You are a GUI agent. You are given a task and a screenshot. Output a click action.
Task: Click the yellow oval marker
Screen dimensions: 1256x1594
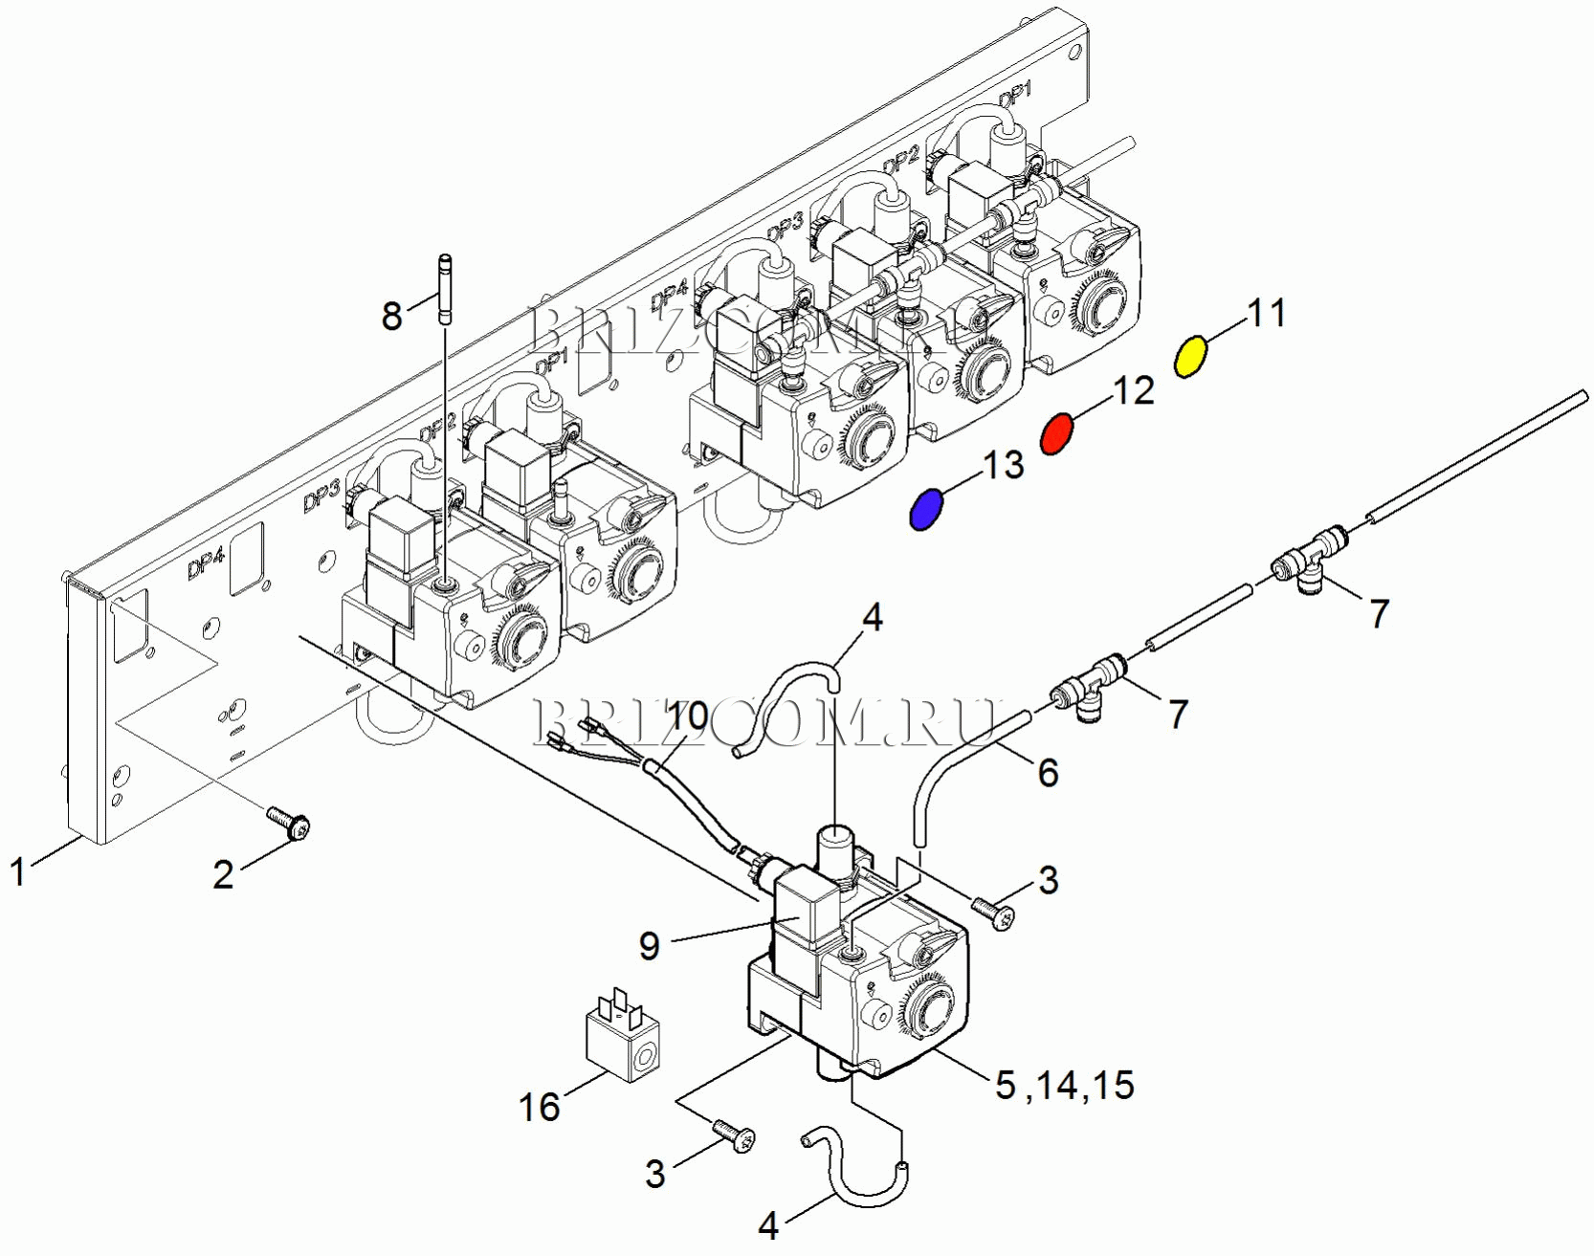tap(1190, 357)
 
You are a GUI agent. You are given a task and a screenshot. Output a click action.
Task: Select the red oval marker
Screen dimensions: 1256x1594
tap(1056, 433)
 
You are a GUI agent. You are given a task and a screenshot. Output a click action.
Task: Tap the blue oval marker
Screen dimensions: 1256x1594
tap(925, 509)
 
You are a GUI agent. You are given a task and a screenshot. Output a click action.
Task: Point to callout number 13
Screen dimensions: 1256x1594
tap(1003, 465)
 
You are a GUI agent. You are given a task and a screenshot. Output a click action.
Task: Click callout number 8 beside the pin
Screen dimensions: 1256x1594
tap(391, 316)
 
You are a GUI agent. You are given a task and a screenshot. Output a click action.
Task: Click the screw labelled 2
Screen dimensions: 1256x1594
tap(289, 823)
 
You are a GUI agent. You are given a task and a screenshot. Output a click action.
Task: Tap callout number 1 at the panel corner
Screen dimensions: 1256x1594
tap(17, 871)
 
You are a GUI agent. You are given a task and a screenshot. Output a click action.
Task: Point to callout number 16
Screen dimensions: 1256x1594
tap(539, 1107)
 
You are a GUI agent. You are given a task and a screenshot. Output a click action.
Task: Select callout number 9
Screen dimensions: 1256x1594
tap(650, 946)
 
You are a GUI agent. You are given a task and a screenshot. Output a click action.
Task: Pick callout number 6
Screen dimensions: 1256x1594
tap(1049, 772)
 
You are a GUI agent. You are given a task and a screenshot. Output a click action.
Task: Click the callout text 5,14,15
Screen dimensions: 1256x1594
tap(1064, 1086)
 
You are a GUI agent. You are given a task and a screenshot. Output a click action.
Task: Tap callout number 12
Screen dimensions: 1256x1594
tap(1134, 390)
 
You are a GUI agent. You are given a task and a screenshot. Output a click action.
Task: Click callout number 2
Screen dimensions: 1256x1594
tap(223, 874)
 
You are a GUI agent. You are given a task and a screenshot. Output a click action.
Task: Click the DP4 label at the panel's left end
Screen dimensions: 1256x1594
tap(205, 565)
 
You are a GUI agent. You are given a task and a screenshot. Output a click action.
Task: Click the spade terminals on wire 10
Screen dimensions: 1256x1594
tap(574, 737)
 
